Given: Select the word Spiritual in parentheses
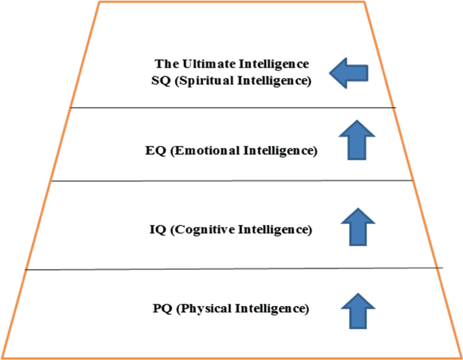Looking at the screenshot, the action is (210, 81).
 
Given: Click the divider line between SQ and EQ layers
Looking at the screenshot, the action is (230, 107).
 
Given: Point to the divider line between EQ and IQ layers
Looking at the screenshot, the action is (230, 180).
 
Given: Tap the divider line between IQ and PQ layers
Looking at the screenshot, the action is (230, 269).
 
